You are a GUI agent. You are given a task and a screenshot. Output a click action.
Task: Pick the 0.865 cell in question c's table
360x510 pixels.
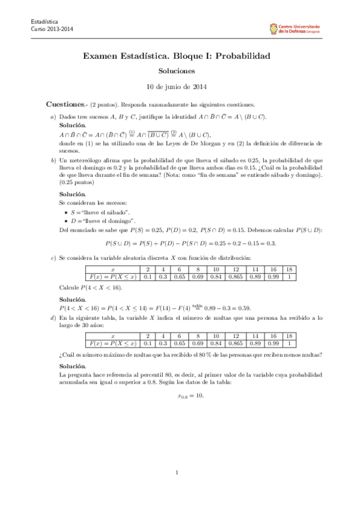(236, 277)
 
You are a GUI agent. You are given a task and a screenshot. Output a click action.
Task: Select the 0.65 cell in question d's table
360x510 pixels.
(179, 343)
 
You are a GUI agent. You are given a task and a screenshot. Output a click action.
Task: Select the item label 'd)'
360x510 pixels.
(53, 318)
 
